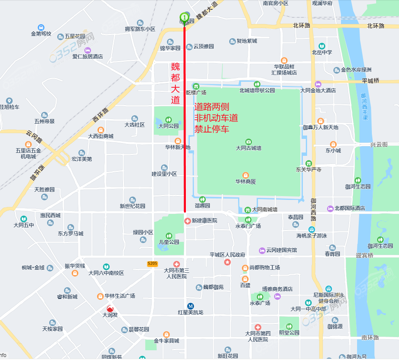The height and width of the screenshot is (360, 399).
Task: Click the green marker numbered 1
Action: click(x=184, y=17)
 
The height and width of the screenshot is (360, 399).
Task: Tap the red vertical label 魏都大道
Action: click(x=175, y=83)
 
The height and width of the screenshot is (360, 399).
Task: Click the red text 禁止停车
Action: click(x=212, y=129)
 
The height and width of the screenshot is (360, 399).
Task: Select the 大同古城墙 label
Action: click(x=249, y=148)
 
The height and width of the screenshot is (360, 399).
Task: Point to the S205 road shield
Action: click(x=152, y=263)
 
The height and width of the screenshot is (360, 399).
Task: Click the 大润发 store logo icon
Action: click(x=110, y=309)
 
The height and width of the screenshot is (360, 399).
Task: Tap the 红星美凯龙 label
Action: click(x=191, y=313)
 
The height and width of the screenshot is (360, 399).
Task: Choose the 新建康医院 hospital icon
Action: click(x=188, y=221)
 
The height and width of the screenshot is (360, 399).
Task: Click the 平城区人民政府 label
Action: click(x=227, y=255)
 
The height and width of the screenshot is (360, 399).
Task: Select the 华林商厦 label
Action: click(x=246, y=182)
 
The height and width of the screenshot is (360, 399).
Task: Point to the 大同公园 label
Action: click(x=169, y=126)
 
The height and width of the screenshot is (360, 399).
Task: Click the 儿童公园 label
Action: click(x=169, y=242)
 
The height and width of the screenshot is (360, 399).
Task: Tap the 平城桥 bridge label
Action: click(x=371, y=81)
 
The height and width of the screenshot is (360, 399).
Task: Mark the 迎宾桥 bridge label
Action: click(x=365, y=255)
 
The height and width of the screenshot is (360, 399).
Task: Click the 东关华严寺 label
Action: click(x=309, y=169)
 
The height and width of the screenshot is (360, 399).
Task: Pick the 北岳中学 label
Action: click(x=322, y=53)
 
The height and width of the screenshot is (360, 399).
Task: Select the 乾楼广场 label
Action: click(x=196, y=92)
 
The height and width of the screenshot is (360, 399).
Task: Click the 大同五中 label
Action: click(x=24, y=225)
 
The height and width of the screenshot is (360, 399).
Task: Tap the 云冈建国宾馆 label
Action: click(x=282, y=250)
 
